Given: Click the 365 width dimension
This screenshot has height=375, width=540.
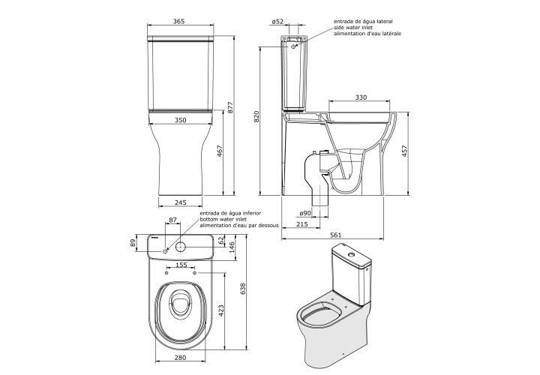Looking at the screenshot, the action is point(178,21).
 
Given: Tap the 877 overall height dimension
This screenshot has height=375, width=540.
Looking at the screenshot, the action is point(231,107).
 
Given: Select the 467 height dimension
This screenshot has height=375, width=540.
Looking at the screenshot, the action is point(220,151).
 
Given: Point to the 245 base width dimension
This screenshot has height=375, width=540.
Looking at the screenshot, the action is point(181,202).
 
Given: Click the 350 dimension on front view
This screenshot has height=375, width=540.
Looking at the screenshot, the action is point(180,120).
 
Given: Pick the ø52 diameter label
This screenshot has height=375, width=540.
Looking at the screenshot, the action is point(277,21).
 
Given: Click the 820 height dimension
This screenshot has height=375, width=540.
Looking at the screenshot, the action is point(256,117).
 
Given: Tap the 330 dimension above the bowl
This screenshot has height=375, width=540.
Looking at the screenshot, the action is point(361,97).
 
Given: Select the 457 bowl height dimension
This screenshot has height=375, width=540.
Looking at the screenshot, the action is point(405,151).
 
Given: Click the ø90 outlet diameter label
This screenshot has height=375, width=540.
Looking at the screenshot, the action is point(305,213).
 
